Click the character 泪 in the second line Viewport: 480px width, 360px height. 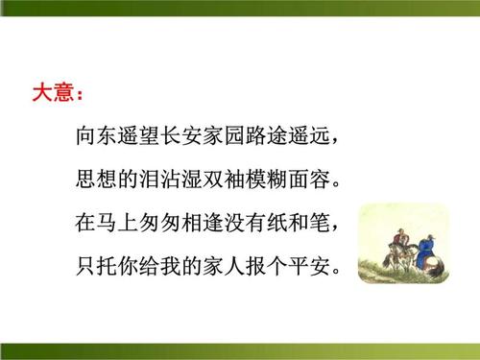(152, 180)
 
